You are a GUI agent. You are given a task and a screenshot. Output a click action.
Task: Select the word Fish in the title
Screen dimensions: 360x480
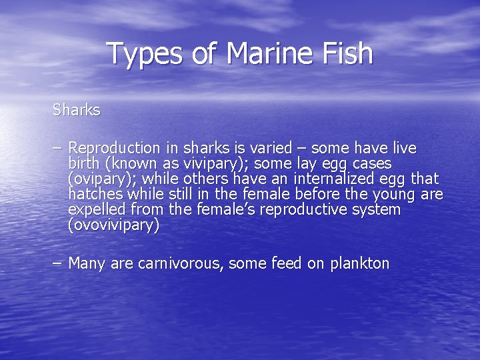(345, 53)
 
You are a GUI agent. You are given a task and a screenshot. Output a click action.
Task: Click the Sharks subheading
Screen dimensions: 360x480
(77, 109)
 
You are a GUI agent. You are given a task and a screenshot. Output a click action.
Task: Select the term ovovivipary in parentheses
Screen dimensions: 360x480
(114, 225)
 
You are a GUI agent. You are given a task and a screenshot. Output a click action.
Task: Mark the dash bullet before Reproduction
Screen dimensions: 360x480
(58, 148)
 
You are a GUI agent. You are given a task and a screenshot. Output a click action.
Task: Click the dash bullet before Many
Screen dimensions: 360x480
(58, 263)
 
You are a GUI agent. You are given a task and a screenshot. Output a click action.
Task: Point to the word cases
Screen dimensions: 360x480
(373, 163)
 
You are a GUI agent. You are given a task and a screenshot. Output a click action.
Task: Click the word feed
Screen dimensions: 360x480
(287, 263)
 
